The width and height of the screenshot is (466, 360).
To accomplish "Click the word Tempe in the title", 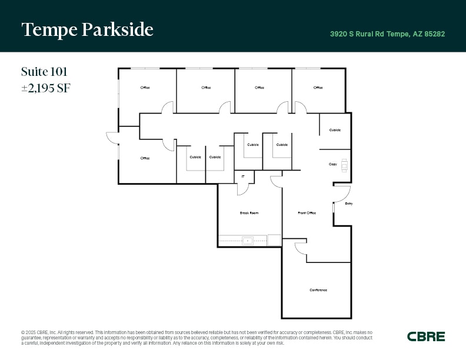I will (46, 29).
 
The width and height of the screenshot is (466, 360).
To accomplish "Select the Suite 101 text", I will (44, 72).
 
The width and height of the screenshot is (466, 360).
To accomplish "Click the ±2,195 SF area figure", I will (46, 89).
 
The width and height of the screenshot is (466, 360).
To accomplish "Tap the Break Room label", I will (249, 213).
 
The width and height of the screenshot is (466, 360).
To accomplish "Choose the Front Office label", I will (307, 213).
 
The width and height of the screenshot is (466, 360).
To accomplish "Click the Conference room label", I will (318, 290).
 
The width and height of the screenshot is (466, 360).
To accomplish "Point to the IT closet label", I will (243, 176).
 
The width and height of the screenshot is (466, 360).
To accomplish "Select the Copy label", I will (332, 164).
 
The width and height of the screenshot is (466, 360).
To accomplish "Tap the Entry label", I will (349, 204).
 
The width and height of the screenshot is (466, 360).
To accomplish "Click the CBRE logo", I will (426, 336).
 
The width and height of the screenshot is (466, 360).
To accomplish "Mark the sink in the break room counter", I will (248, 241).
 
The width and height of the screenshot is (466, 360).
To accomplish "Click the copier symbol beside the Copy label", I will (344, 165).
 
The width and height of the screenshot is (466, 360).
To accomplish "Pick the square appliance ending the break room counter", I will (274, 240).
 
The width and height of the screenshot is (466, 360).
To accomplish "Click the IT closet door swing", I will (243, 189).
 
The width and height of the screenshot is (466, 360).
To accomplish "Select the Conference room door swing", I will (301, 249).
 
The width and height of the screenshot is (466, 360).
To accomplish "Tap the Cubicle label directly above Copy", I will (335, 130).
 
